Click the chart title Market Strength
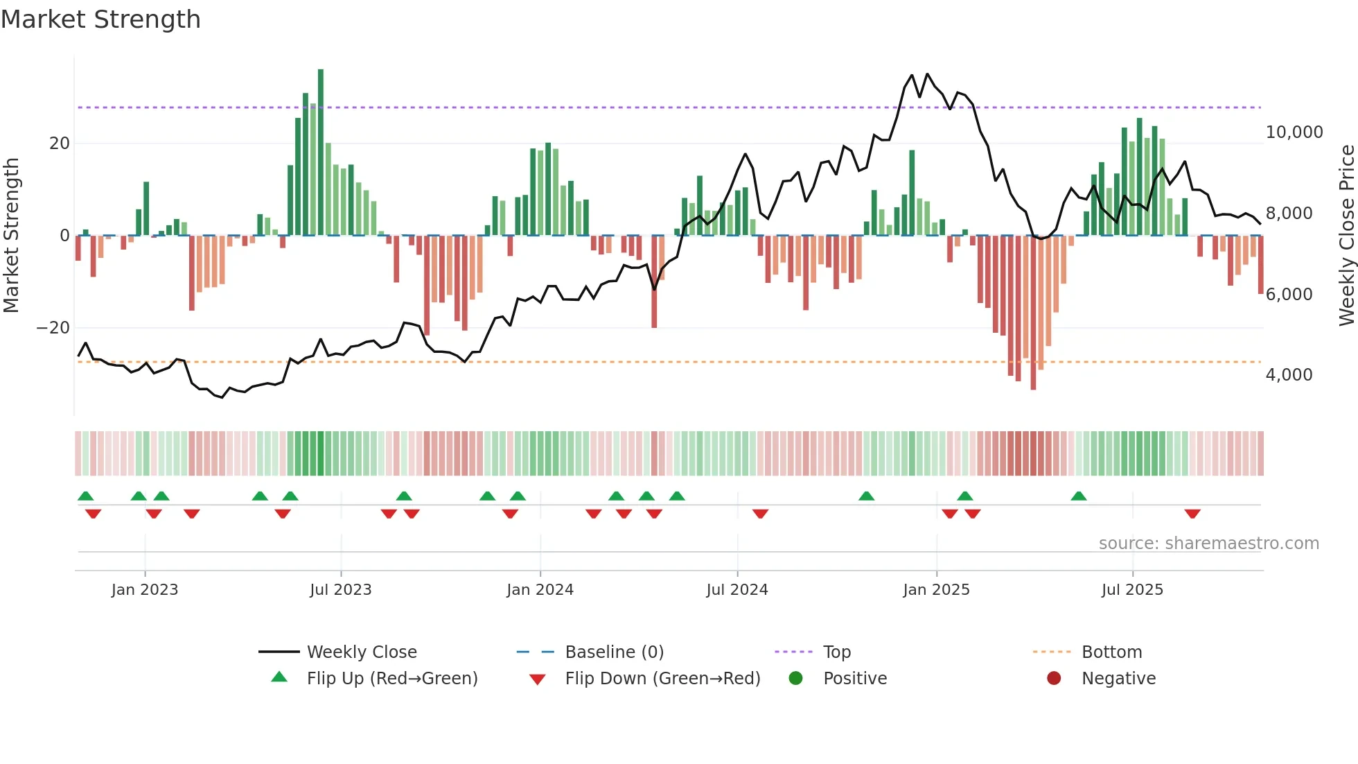pos(100,19)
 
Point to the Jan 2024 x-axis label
pos(540,590)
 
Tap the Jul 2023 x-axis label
pos(340,590)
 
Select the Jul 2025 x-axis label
pos(1132,590)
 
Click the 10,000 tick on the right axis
pos(1294,132)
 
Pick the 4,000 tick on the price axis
pos(1289,375)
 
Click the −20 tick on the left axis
pos(53,328)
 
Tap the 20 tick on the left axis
pos(60,144)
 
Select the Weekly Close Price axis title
pos(1346,235)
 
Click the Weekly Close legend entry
pos(361,652)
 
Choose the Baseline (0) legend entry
pos(614,652)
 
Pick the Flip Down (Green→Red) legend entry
pos(662,679)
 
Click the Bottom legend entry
pos(1111,652)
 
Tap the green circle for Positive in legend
pos(795,679)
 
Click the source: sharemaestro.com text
pos(1208,544)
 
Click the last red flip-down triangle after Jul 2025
pos(1192,514)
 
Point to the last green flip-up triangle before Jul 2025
pos(1079,496)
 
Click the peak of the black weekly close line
pos(927,74)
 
